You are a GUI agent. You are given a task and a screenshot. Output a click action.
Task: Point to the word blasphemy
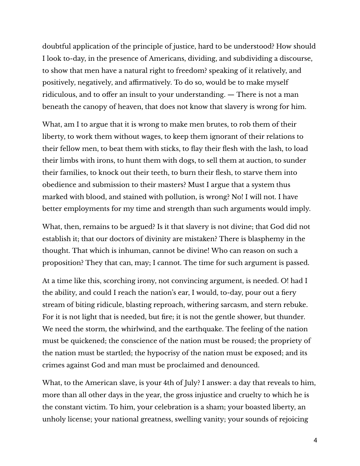click(x=264, y=239)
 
